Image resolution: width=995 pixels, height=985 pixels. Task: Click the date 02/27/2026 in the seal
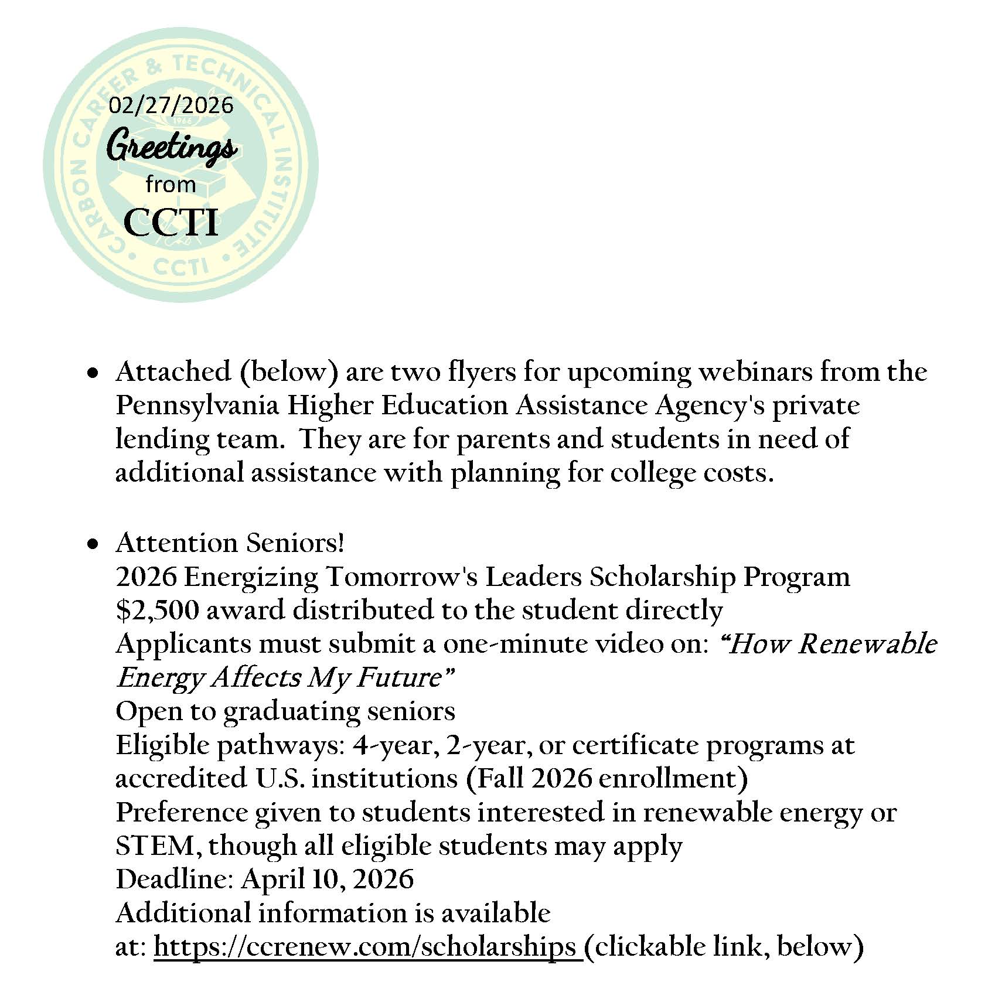[x=171, y=105]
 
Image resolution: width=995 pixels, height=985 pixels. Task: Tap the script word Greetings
[x=171, y=146]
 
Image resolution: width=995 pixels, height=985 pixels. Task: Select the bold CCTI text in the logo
[x=171, y=223]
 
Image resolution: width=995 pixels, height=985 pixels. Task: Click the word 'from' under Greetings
[x=171, y=185]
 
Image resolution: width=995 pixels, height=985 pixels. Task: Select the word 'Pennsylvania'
[x=197, y=406]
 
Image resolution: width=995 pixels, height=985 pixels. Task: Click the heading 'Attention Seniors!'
[x=230, y=543]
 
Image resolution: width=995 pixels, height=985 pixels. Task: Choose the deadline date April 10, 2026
[x=327, y=880]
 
